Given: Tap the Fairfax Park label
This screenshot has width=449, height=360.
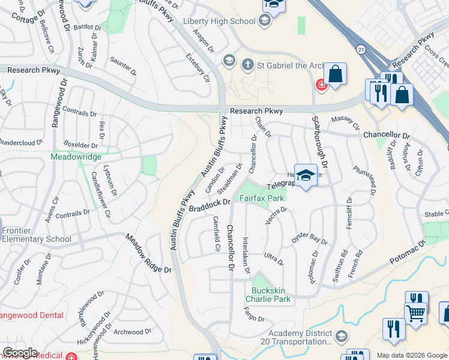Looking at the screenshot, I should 262,197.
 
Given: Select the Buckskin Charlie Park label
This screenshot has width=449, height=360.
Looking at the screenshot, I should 268,294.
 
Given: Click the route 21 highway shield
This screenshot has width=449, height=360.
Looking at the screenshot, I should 360,49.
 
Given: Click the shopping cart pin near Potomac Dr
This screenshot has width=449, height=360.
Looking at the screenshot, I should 416,310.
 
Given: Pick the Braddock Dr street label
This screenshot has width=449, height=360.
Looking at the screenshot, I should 209,206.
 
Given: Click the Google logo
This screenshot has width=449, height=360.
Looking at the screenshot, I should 20,353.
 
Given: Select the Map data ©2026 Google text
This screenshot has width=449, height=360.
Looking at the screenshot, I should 411,355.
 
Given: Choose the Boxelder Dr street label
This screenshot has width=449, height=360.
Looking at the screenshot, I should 80,145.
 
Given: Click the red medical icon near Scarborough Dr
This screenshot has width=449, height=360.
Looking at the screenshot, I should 321,86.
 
